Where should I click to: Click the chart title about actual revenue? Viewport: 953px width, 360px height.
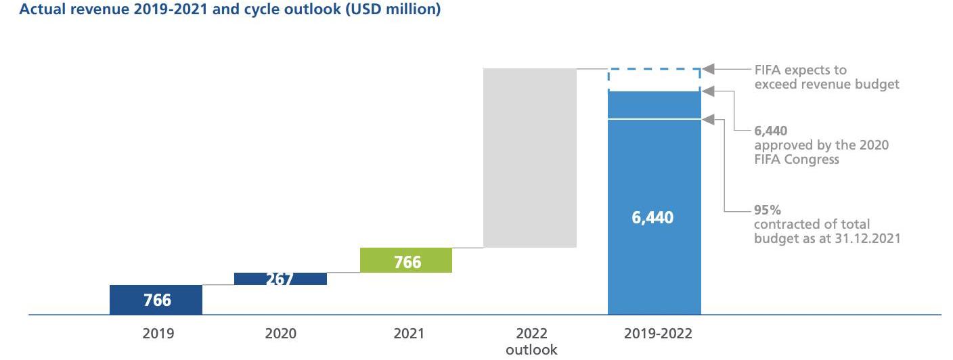[220, 11]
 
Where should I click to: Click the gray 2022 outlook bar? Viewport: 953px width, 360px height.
[530, 158]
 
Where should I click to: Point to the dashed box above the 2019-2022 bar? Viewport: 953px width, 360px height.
[655, 79]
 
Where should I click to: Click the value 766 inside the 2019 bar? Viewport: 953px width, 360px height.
[157, 300]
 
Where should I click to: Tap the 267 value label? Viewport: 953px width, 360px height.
[279, 278]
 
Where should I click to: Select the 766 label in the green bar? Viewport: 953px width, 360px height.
[407, 262]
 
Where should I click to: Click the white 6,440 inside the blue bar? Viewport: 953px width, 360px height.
[652, 218]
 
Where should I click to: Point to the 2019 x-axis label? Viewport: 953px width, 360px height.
[158, 334]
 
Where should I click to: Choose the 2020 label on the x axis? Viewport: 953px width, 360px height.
[280, 334]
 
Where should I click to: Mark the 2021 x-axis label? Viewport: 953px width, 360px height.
[408, 334]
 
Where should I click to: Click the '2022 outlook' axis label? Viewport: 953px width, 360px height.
[531, 342]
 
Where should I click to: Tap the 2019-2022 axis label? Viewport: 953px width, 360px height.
[658, 334]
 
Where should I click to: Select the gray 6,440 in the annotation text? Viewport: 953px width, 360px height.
[770, 131]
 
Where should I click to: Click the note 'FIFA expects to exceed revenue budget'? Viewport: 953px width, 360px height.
[826, 77]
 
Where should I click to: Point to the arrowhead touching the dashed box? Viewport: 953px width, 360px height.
[709, 69]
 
